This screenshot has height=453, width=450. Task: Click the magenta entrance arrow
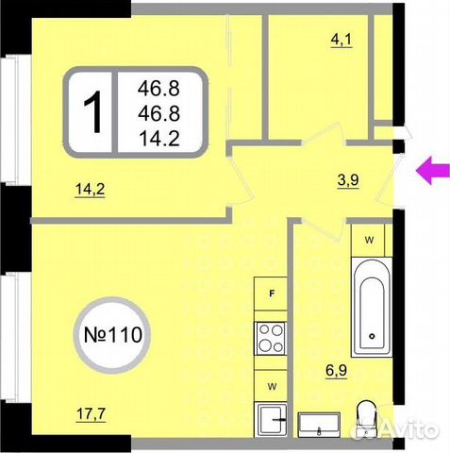pyautogui.click(x=431, y=170)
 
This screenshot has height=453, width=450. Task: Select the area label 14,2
pyautogui.click(x=90, y=188)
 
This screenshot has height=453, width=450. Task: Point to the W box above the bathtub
pyautogui.click(x=370, y=240)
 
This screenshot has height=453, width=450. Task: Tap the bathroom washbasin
pyautogui.click(x=322, y=427)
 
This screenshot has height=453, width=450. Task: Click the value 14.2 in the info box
pyautogui.click(x=158, y=139)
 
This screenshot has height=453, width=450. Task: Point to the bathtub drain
pyautogui.click(x=375, y=336)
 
